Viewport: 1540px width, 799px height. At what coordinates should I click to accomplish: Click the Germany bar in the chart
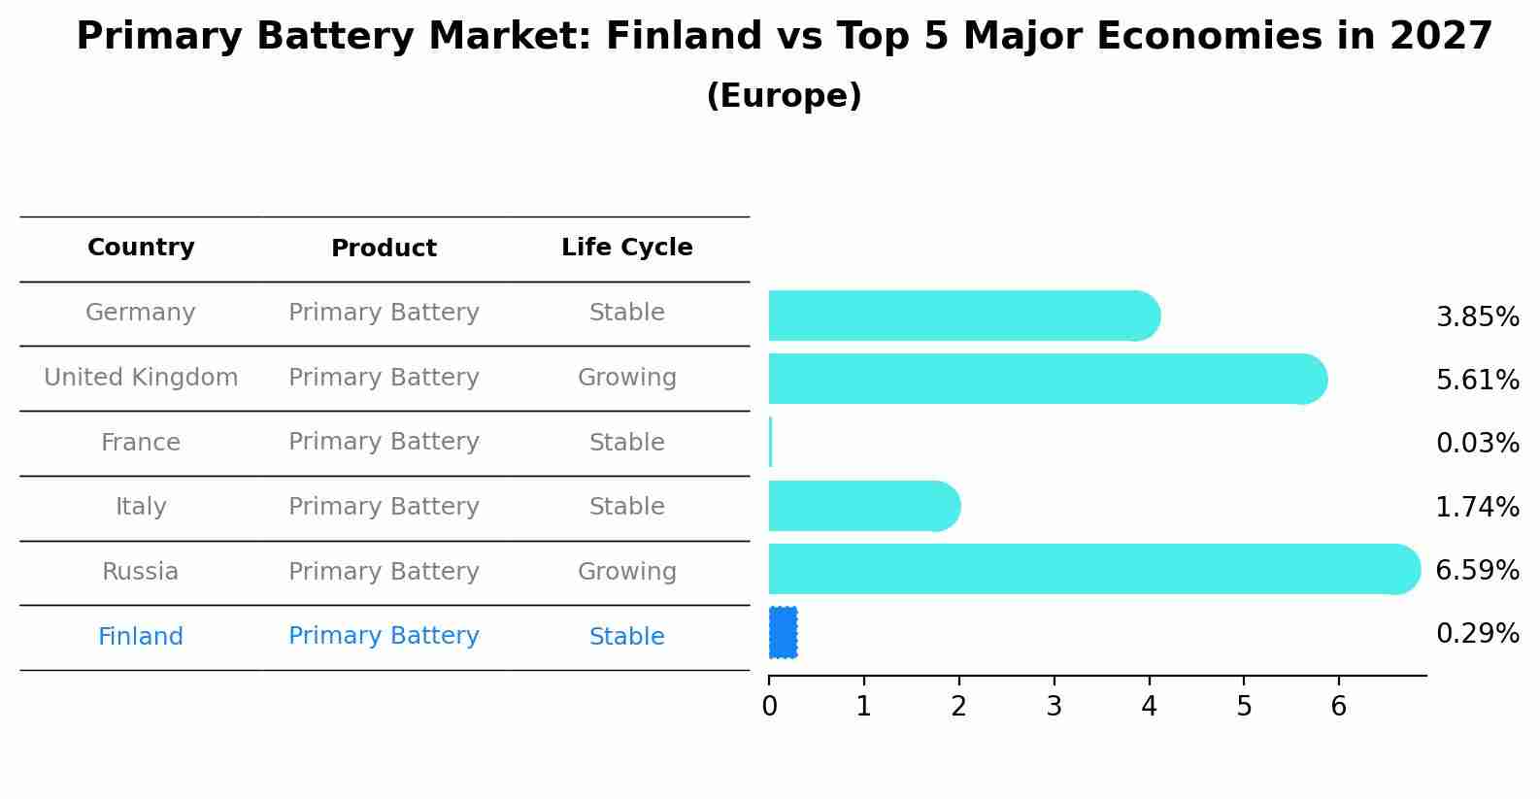tap(961, 316)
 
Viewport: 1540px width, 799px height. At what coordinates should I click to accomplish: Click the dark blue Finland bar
tap(784, 632)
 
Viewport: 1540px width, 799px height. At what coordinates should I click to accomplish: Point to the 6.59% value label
tap(1477, 571)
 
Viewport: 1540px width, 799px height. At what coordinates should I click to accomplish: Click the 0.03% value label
tap(1477, 444)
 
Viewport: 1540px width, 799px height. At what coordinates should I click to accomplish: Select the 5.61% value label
tap(1477, 381)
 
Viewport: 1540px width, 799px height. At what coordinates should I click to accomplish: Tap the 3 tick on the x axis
tap(1055, 707)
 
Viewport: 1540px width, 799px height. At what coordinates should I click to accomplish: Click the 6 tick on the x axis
tap(1339, 707)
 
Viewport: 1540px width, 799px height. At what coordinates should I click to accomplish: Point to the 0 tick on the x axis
tap(770, 707)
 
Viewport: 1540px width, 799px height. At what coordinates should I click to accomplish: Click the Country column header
tap(141, 248)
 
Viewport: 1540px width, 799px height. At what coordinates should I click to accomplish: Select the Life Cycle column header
tap(626, 248)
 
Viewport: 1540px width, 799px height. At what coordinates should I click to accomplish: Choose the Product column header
tap(384, 249)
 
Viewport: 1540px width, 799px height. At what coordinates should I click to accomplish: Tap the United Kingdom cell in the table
tap(141, 378)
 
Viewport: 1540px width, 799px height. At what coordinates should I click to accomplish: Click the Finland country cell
tap(141, 637)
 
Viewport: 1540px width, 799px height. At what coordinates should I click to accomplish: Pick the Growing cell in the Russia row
tap(626, 572)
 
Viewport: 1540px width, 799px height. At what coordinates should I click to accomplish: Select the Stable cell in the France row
tap(626, 443)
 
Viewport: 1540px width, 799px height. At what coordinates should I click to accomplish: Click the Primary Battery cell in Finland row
tap(384, 636)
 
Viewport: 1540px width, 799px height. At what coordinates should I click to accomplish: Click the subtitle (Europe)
tap(784, 96)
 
